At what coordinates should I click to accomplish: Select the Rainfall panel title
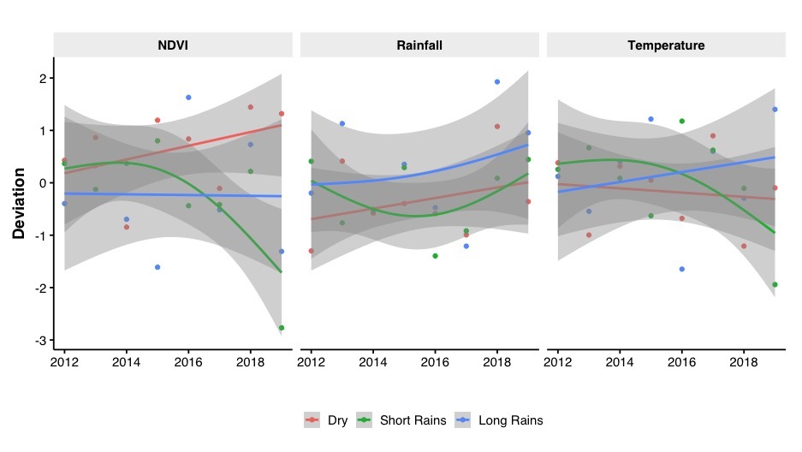point(419,45)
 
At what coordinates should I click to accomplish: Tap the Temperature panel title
point(666,45)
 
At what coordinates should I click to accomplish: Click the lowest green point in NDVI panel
point(281,328)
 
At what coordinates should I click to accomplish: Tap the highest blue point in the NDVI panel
point(188,98)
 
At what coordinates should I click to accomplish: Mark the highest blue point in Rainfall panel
point(496,82)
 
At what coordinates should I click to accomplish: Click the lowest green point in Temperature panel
point(774,285)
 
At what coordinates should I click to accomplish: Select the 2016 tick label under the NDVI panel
point(188,363)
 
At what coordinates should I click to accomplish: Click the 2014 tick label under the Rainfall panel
point(373,363)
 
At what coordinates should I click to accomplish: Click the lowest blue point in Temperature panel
point(681,269)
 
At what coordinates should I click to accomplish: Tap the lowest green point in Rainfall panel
point(435,256)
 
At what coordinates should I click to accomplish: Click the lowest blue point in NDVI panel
point(157,267)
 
